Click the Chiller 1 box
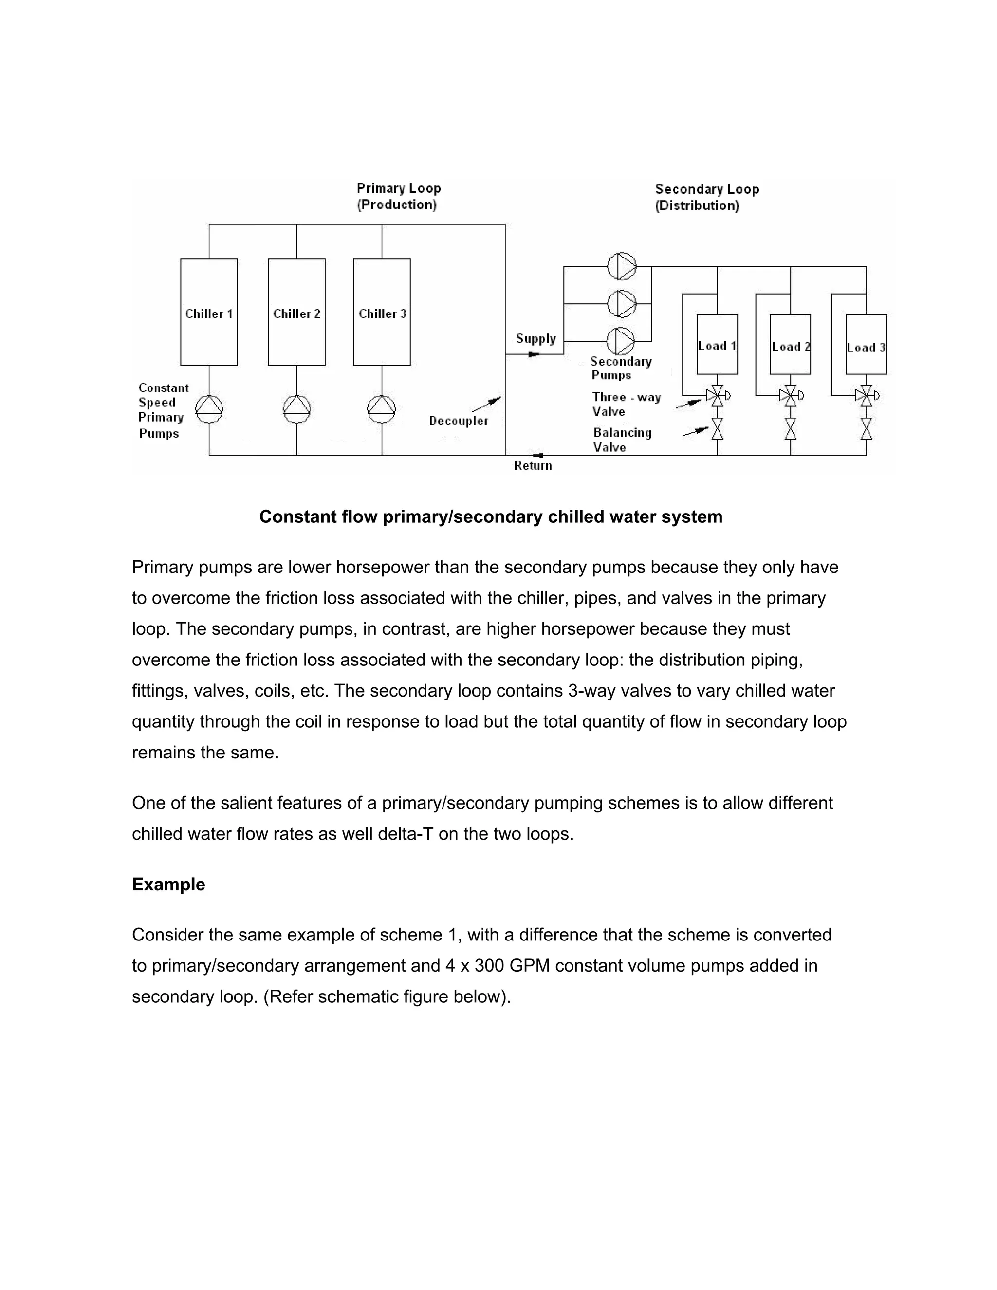[208, 312]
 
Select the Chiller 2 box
[296, 312]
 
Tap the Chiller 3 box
[382, 312]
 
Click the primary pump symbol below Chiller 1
[209, 409]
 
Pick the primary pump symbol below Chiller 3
[382, 409]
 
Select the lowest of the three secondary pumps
[621, 341]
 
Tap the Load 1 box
[717, 344]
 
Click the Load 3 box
[866, 344]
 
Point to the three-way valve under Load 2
[790, 395]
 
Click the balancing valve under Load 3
[867, 429]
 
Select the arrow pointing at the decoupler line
[487, 404]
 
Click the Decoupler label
[458, 421]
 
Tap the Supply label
[535, 338]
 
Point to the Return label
[533, 465]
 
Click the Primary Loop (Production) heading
[399, 196]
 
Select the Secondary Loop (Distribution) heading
[706, 197]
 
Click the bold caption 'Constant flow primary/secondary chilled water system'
[491, 517]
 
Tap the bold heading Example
[168, 884]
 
